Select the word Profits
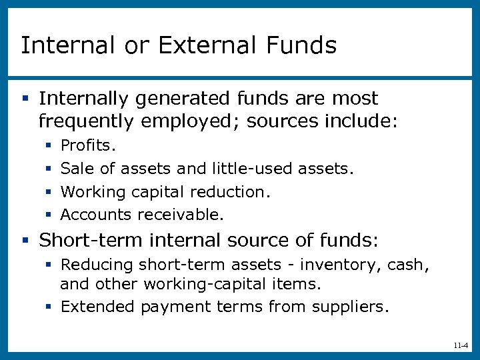coord(88,145)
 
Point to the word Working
coord(93,192)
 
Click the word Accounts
coord(96,215)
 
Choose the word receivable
coord(181,215)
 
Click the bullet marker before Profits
coord(49,145)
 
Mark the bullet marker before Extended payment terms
coord(49,307)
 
